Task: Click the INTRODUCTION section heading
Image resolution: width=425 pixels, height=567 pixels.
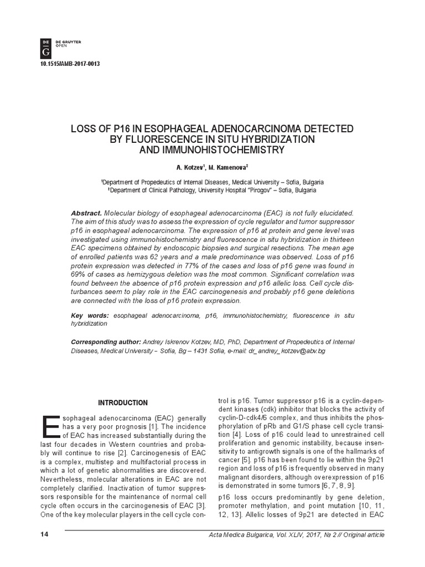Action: (123, 403)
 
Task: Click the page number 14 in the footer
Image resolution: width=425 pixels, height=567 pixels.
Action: (45, 534)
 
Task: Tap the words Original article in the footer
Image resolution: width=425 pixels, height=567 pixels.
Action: (361, 534)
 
